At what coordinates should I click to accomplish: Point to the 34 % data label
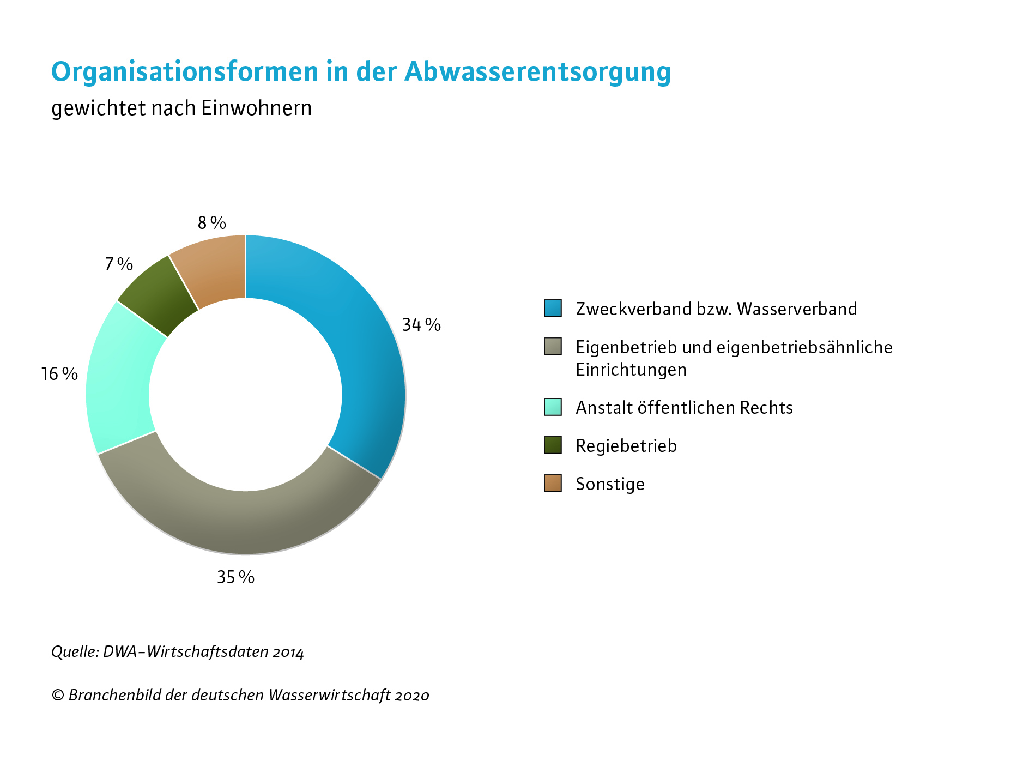(421, 325)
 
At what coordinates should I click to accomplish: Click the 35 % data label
(235, 577)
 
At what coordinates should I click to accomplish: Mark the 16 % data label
(59, 374)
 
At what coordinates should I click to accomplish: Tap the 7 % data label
(119, 264)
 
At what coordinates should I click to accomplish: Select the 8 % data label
(211, 223)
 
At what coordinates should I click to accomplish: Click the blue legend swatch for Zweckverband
(553, 308)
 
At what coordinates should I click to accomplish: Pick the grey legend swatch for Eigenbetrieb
(553, 346)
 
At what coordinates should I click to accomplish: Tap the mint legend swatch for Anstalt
(553, 407)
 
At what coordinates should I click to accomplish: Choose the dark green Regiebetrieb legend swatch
(553, 445)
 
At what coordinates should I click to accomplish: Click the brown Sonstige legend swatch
(553, 483)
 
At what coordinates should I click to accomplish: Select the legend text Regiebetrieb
(626, 446)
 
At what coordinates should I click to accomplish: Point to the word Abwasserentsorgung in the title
(537, 72)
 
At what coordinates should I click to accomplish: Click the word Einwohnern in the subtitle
(256, 108)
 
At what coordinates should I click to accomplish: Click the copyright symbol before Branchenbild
(58, 696)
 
